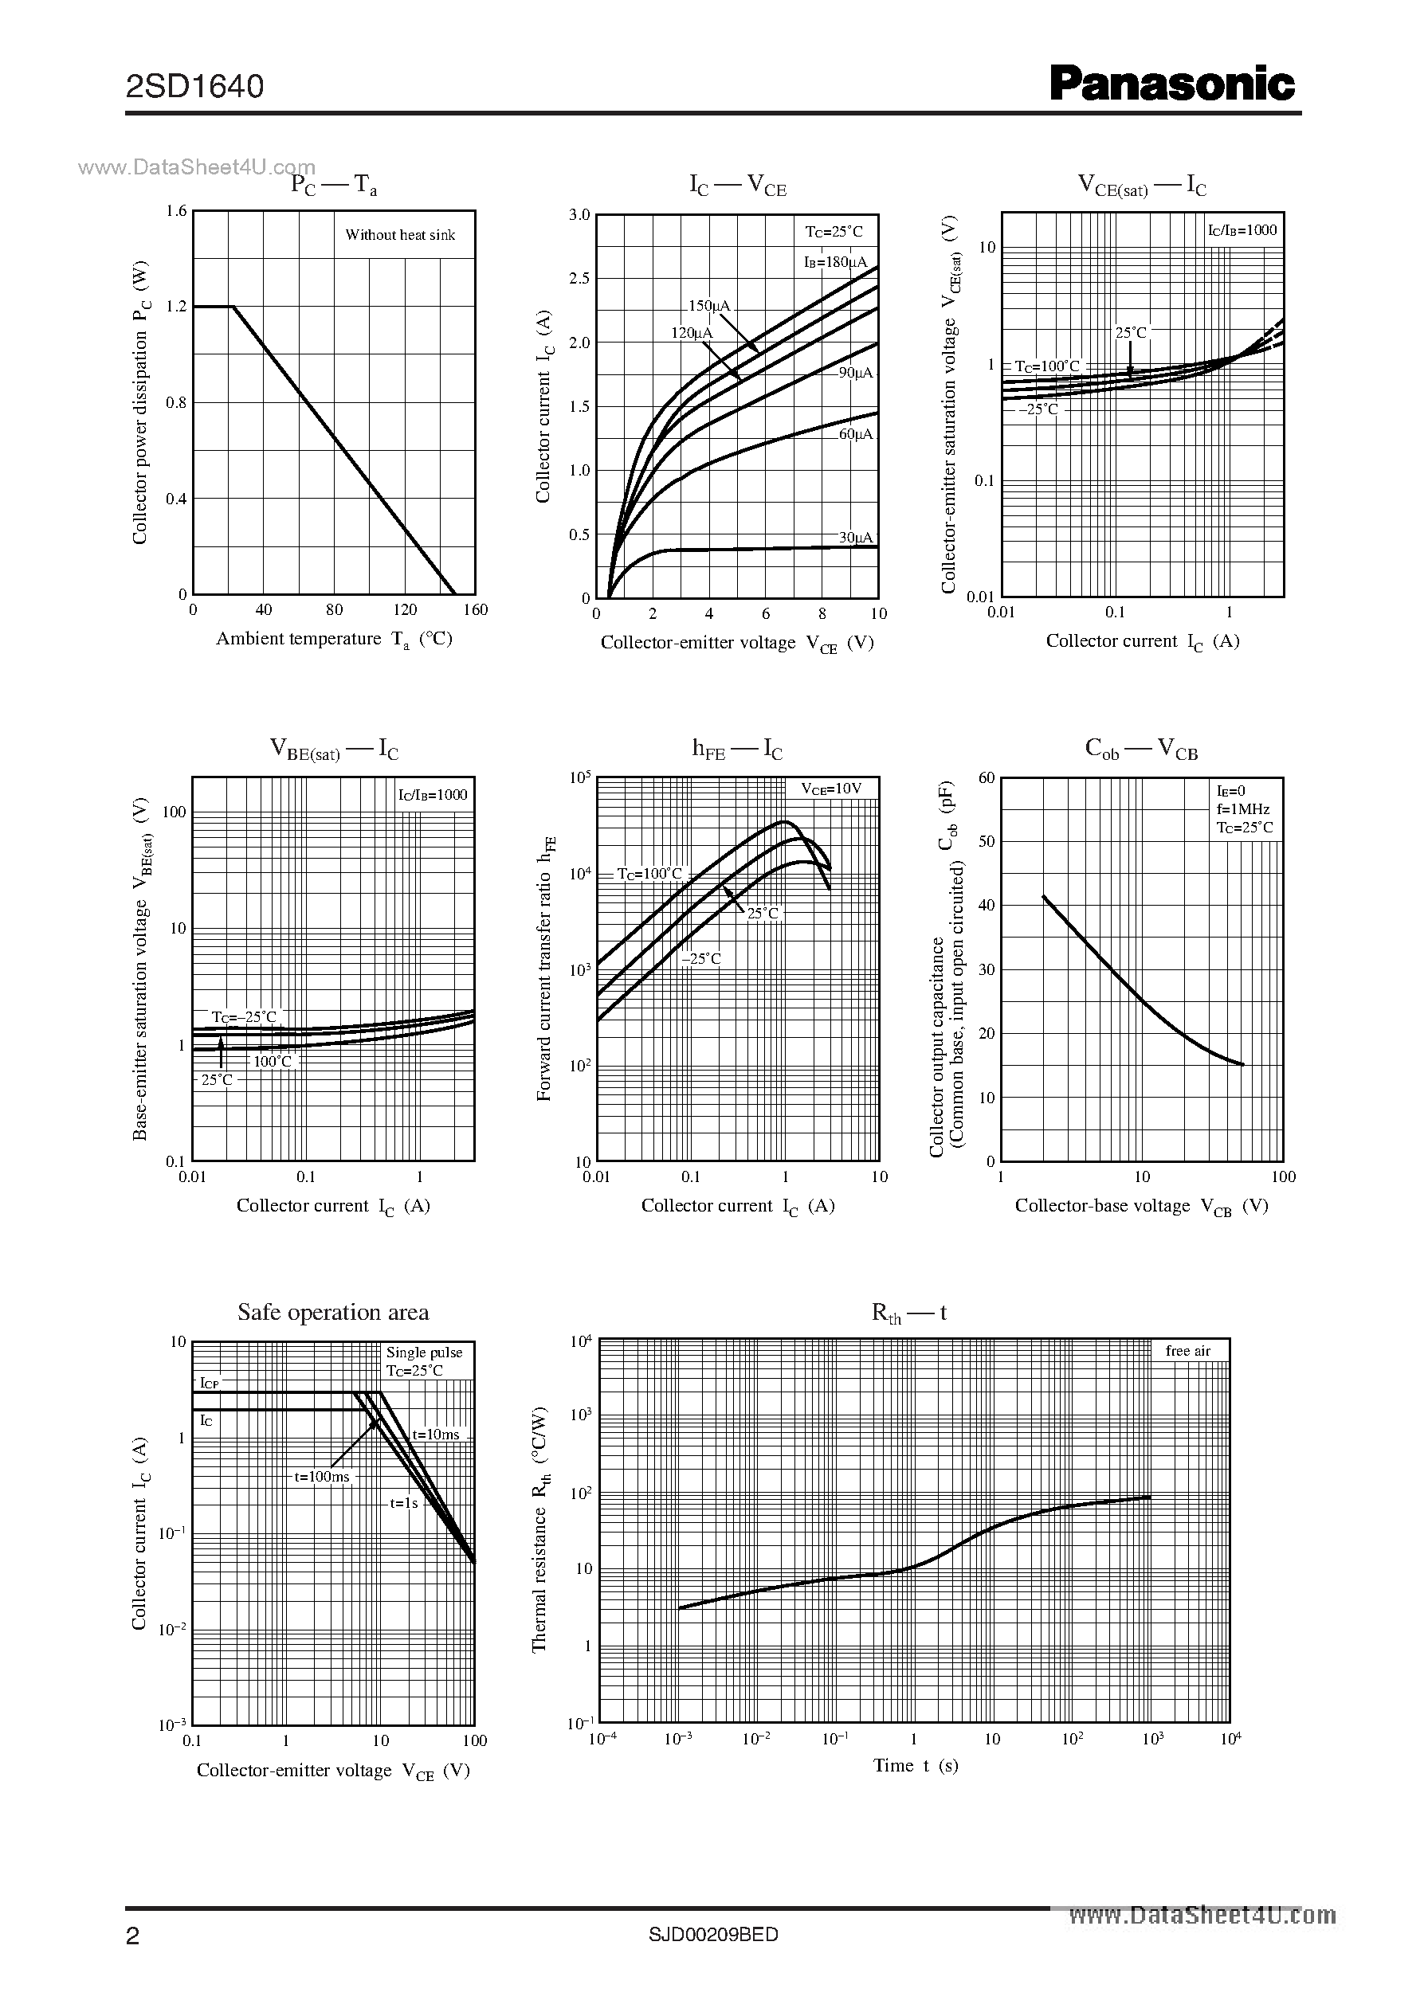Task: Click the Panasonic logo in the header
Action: (1172, 85)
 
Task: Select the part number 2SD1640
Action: (194, 86)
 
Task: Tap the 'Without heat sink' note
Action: (400, 235)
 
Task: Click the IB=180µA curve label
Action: (834, 262)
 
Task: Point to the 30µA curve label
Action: (855, 537)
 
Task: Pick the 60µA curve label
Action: (855, 434)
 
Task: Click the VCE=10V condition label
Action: (831, 789)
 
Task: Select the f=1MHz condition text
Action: (1243, 809)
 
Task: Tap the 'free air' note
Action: (1188, 1351)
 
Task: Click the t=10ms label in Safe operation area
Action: (436, 1435)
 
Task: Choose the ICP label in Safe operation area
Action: (210, 1384)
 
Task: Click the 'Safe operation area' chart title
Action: (333, 1312)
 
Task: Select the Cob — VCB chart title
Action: (1141, 749)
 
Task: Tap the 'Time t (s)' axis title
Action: (916, 1764)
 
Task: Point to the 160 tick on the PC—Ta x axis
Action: (475, 610)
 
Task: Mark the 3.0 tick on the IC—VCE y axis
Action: (579, 214)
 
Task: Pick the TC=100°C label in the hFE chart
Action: (649, 874)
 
